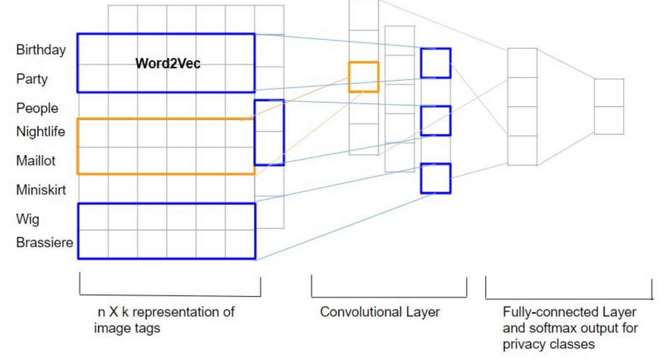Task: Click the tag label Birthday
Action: pos(41,50)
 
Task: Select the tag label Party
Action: pos(32,79)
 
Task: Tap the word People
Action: pos(37,108)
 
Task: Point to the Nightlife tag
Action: pos(41,132)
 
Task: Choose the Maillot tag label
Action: pos(36,161)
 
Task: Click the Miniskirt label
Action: pos(41,190)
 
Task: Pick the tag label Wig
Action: pos(28,220)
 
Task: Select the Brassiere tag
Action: pos(45,242)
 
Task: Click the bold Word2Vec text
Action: pos(168,64)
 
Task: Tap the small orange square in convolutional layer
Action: pos(363,77)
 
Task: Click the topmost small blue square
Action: pos(436,63)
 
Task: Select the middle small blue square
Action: pos(436,120)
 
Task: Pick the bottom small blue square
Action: pos(436,178)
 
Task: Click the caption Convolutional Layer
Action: pos(380,312)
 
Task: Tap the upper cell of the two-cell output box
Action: pos(609,93)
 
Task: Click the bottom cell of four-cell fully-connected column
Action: pos(522,151)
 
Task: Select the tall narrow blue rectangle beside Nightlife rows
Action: pos(269,132)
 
